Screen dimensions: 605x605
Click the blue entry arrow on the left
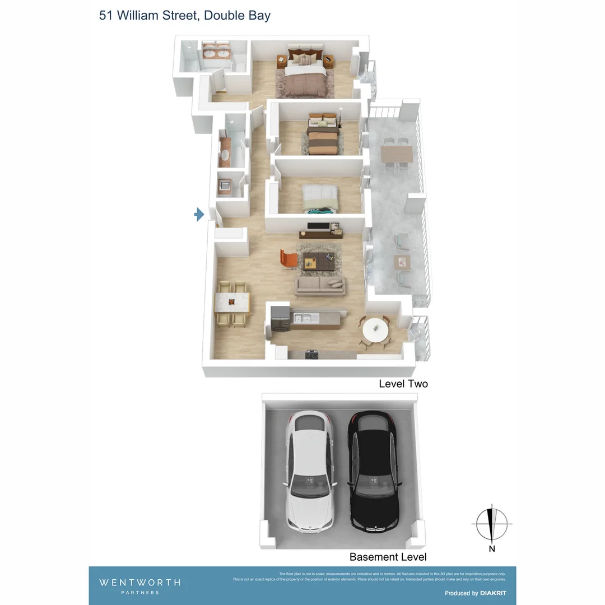[x=199, y=214]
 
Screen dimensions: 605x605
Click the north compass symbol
[x=492, y=524]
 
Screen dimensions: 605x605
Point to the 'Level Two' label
[x=403, y=384]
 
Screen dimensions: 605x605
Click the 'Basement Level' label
[x=388, y=557]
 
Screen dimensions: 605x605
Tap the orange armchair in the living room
[x=289, y=258]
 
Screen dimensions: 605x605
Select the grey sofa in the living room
[x=320, y=286]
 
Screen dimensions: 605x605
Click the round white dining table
[x=375, y=329]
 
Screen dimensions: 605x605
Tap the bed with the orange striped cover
[x=323, y=139]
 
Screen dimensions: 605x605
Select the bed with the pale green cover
[x=320, y=198]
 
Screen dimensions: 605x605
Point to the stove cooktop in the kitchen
[x=311, y=355]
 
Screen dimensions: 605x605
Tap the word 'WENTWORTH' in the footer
[x=140, y=583]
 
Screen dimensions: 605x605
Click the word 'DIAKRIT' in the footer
[x=494, y=593]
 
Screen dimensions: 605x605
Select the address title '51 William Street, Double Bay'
[x=185, y=15]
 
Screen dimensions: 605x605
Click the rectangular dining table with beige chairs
[x=231, y=303]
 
